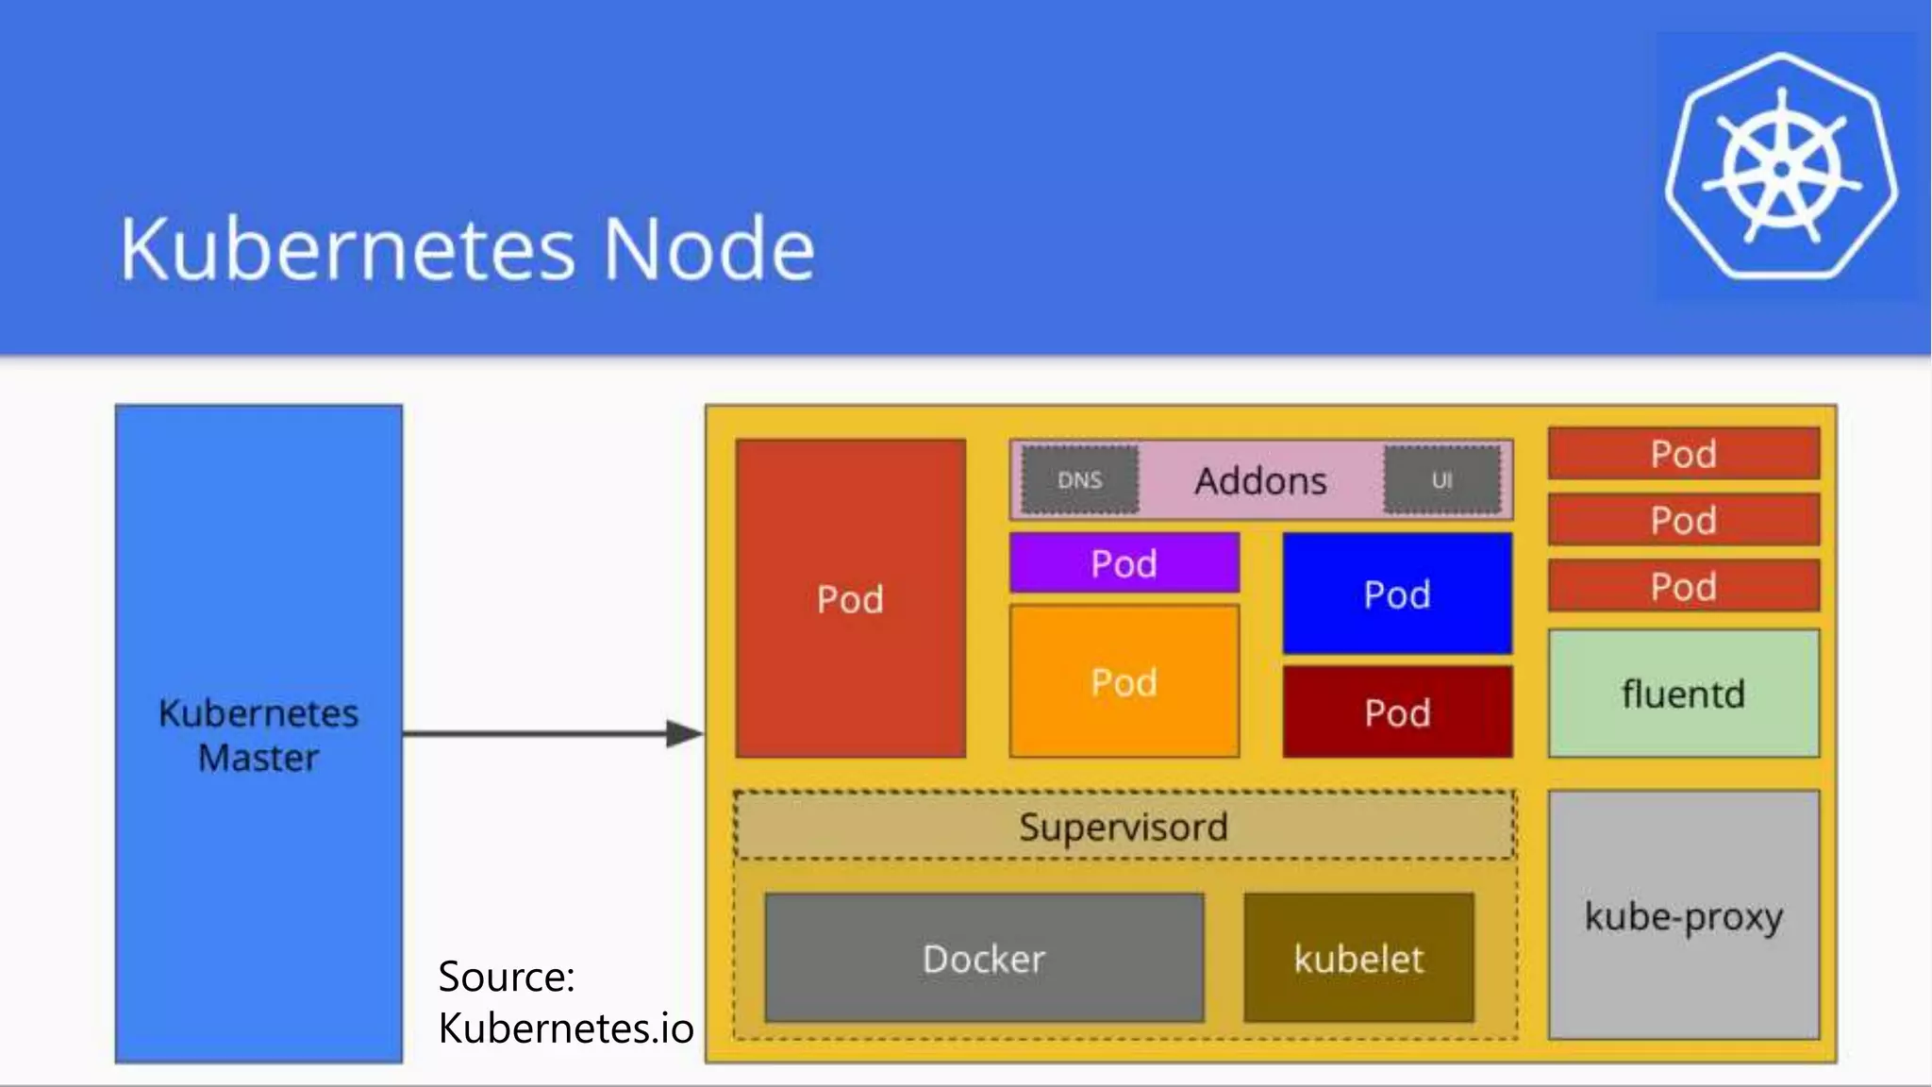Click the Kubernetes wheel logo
[x=1781, y=168]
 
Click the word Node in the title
[x=708, y=249]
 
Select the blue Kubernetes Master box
[x=258, y=566]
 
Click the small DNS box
[x=1080, y=480]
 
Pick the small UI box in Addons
[x=1441, y=480]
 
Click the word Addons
[x=1260, y=481]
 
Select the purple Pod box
[x=1124, y=563]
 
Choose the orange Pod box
[x=1124, y=681]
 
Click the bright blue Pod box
[x=1397, y=594]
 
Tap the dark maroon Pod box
[x=1397, y=711]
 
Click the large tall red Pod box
[x=850, y=598]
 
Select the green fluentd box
[x=1683, y=694]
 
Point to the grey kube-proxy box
[x=1683, y=915]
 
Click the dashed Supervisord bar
[x=1124, y=827]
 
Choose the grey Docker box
[x=984, y=959]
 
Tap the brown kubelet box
[x=1358, y=959]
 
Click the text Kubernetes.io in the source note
[x=566, y=1028]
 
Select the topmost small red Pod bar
[x=1683, y=454]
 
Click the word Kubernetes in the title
[x=347, y=249]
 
